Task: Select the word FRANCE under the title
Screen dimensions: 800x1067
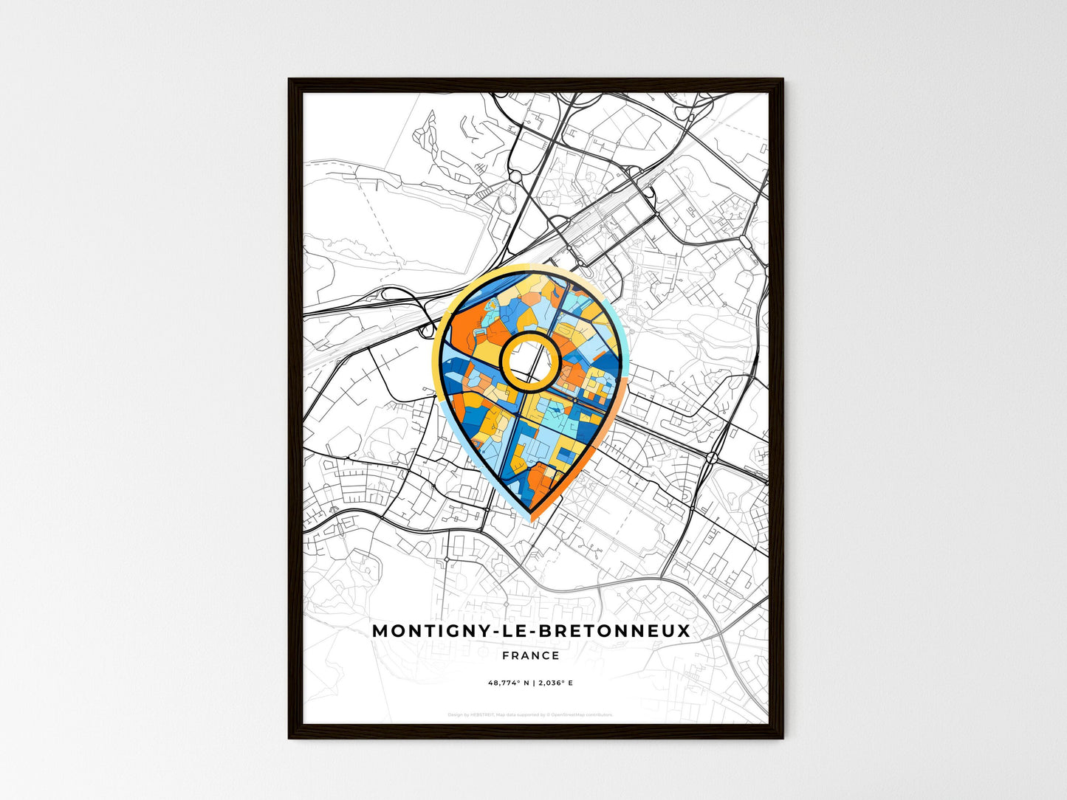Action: pyautogui.click(x=530, y=655)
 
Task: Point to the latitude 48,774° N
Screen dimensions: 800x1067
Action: pyautogui.click(x=509, y=683)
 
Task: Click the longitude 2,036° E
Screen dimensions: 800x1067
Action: pyautogui.click(x=553, y=683)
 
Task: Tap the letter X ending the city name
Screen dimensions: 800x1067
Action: pyautogui.click(x=684, y=631)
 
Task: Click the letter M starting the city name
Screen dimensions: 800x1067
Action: pyautogui.click(x=380, y=631)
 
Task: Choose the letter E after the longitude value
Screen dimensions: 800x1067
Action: pyautogui.click(x=570, y=683)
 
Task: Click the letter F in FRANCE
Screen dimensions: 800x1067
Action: pyautogui.click(x=505, y=655)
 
